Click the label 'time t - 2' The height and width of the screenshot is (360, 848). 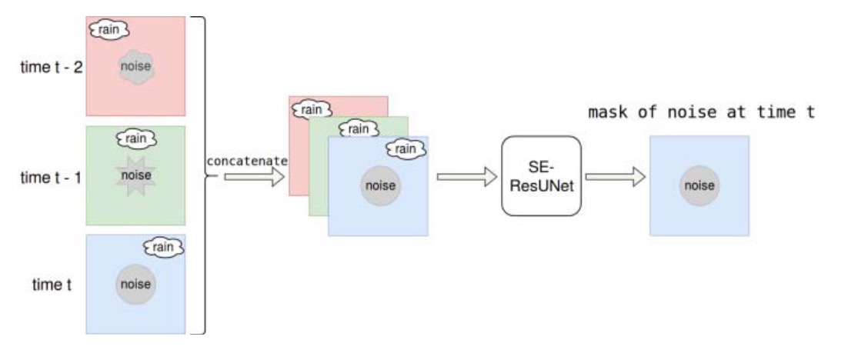[52, 66]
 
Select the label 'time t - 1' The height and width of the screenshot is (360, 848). [52, 175]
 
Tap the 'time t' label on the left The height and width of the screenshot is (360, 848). [52, 285]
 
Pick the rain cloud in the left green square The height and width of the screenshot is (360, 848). [135, 138]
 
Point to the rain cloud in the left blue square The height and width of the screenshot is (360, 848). [164, 247]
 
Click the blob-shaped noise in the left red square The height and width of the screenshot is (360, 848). [136, 67]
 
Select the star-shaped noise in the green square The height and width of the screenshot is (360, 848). [135, 175]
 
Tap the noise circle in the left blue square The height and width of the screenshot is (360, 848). [135, 285]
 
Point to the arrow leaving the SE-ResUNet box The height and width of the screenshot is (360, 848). [615, 176]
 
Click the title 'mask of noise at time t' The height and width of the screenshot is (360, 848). [701, 113]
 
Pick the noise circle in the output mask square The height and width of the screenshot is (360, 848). [699, 185]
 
